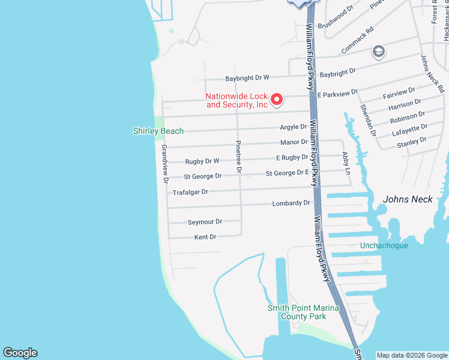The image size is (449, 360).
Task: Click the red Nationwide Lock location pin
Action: tap(277, 99)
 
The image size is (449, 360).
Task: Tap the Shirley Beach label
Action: tap(158, 131)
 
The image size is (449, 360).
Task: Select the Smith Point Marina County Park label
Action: tap(303, 312)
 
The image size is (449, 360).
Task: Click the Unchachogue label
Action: tap(384, 245)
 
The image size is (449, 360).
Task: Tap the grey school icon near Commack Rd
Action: tap(378, 52)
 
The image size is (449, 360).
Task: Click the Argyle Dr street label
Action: tap(294, 127)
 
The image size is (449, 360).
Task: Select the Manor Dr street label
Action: tap(294, 142)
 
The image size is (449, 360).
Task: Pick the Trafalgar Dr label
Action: tap(190, 192)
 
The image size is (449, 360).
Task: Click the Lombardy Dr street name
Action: tap(291, 203)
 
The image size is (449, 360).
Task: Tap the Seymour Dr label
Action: tap(205, 221)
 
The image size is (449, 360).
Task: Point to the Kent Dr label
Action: tap(205, 237)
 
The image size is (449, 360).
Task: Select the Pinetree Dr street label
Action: tap(238, 158)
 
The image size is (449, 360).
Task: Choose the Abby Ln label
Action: tap(346, 162)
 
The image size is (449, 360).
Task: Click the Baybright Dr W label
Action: tap(247, 78)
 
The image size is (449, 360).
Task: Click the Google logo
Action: tap(20, 353)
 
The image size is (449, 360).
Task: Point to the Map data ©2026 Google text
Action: tap(411, 355)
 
